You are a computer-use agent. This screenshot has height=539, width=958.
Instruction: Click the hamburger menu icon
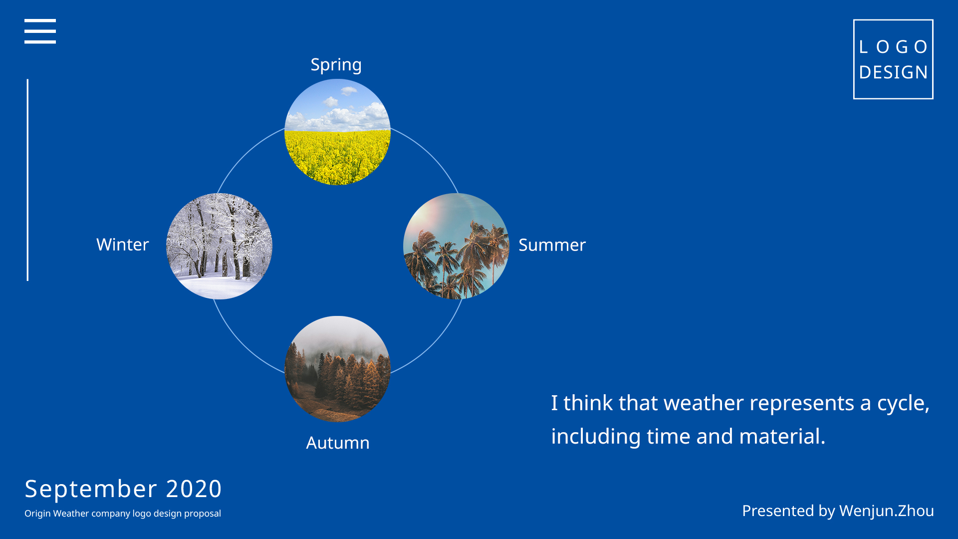40,31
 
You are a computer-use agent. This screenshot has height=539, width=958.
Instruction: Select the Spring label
336,65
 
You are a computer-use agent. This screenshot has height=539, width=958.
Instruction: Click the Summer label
552,245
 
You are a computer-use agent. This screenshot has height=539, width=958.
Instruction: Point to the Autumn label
338,443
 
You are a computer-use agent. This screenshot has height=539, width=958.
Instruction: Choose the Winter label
123,245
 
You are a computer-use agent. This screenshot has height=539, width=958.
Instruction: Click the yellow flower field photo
337,132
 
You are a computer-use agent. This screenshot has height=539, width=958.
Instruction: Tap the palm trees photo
456,246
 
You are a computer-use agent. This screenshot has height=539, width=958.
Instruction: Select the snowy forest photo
219,246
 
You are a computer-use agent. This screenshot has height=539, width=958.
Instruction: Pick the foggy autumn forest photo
337,369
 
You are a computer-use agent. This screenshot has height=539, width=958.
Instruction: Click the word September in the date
91,489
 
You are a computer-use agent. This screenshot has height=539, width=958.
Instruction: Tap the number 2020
194,489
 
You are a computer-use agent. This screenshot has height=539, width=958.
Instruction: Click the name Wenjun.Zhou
887,511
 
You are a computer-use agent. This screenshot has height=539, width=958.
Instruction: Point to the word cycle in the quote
903,404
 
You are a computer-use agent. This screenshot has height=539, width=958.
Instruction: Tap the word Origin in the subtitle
37,514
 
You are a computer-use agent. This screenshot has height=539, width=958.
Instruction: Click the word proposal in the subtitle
203,514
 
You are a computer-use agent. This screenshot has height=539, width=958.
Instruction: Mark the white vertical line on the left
27,180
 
